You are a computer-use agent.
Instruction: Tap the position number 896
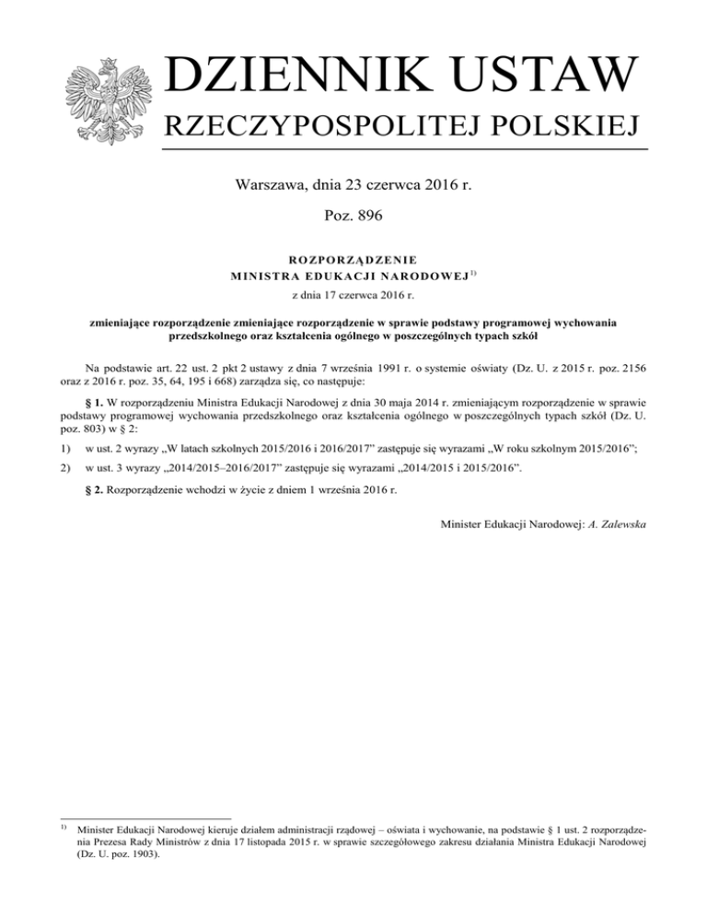369,217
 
